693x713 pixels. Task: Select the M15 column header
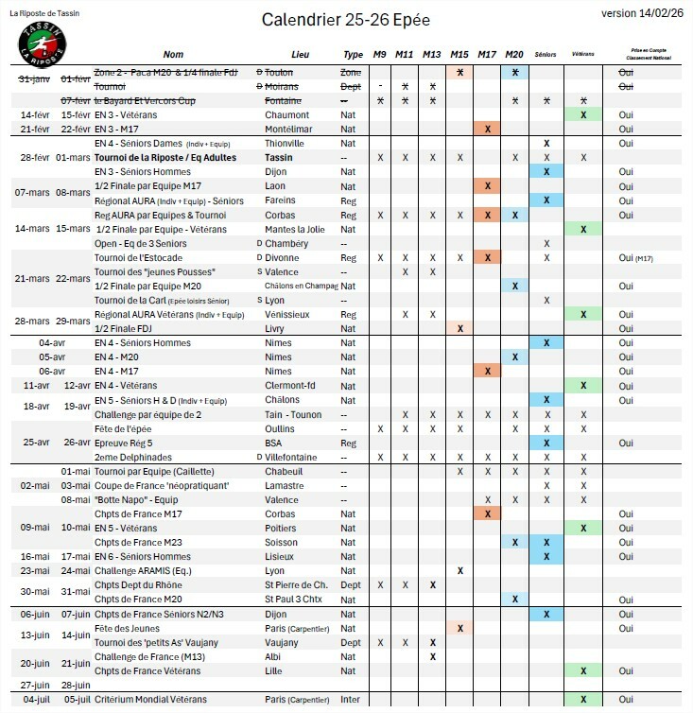[459, 55]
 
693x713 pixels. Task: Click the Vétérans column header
[583, 56]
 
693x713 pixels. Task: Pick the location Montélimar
[291, 129]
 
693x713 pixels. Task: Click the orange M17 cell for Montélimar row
[487, 129]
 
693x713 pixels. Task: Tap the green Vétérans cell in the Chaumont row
[583, 114]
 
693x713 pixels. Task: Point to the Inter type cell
[352, 699]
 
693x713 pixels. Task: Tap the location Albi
[275, 655]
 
